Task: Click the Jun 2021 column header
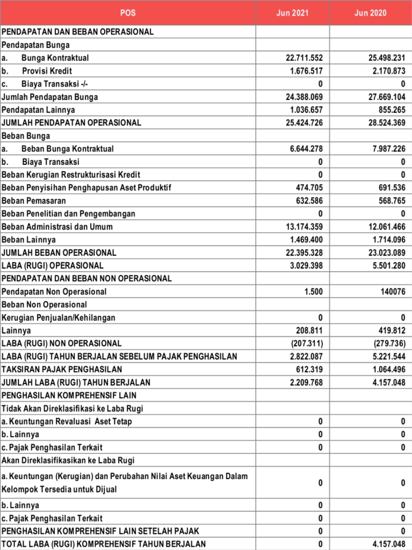[x=292, y=13]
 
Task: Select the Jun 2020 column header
[x=370, y=13]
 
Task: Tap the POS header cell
[x=128, y=13]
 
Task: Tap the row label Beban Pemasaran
[x=34, y=201]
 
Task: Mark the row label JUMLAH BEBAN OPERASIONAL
[x=59, y=252]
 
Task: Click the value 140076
[x=390, y=292]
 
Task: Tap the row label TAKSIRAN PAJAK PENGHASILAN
[x=62, y=370]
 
